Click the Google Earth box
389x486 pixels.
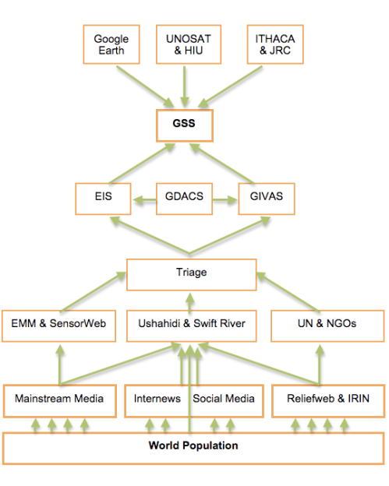[111, 44]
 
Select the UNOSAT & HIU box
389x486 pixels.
[185, 44]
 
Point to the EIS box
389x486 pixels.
[104, 197]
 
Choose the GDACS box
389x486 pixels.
[185, 197]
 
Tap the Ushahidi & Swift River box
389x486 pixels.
[191, 323]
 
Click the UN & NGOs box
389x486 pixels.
[327, 323]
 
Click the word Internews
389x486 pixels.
[157, 399]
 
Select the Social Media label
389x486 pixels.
[224, 399]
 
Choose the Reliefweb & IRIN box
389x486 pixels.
[327, 399]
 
